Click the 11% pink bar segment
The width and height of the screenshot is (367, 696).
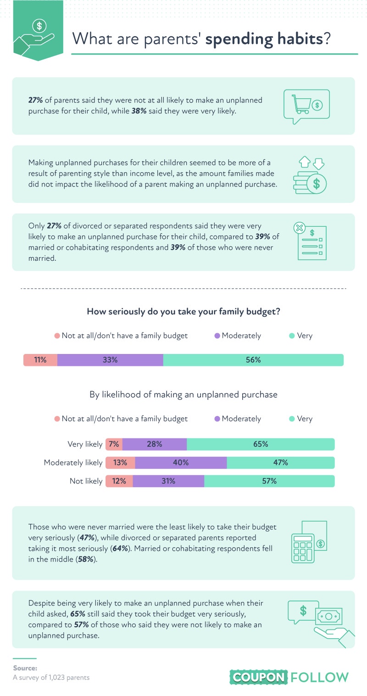point(40,360)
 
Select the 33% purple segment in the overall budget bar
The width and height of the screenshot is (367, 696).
point(110,360)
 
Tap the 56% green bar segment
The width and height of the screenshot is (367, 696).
point(253,360)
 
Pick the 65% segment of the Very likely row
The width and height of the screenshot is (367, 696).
point(261,444)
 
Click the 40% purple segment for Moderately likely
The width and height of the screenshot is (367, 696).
point(181,462)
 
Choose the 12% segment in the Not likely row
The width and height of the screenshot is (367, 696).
point(119,481)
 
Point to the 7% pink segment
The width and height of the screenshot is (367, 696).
point(114,444)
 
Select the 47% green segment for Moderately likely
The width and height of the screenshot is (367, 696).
point(281,462)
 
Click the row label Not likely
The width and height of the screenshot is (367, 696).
point(86,481)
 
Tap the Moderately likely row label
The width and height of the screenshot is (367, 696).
point(73,463)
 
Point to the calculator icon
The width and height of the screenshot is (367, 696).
point(303,548)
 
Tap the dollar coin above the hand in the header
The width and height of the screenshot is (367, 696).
point(39,26)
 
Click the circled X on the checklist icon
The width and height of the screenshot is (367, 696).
point(299,228)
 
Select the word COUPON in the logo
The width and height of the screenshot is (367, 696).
point(258,677)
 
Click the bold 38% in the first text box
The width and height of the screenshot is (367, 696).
point(139,111)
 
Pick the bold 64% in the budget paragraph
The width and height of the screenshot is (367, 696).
point(120,549)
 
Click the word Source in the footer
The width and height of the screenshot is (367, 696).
point(25,668)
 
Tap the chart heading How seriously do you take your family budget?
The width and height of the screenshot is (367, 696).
point(183,311)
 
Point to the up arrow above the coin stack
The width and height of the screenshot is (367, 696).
point(305,162)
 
